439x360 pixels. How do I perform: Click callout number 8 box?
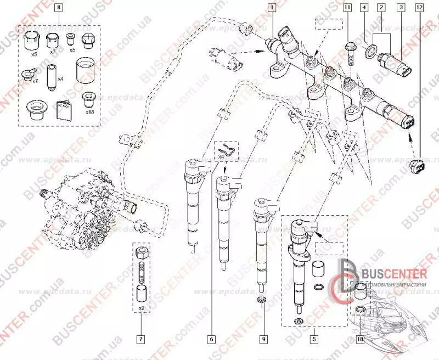click(x=59, y=7)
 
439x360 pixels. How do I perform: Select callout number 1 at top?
click(x=271, y=7)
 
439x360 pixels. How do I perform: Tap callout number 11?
click(x=348, y=7)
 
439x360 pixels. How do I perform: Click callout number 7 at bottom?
click(x=142, y=339)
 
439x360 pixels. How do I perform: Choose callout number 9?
click(x=263, y=339)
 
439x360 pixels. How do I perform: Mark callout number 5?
click(x=313, y=339)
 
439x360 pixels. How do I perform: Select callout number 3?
click(x=401, y=7)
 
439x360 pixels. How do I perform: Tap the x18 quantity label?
click(x=89, y=111)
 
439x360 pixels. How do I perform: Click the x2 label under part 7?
click(x=142, y=308)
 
